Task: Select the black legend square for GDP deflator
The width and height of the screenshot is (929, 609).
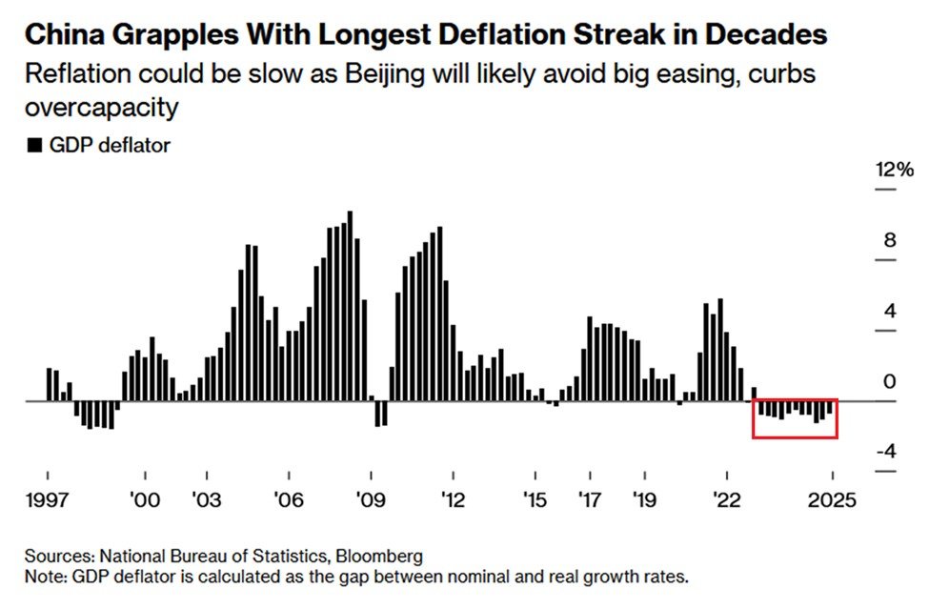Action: pyautogui.click(x=34, y=146)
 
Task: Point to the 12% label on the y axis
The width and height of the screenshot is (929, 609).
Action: pyautogui.click(x=895, y=171)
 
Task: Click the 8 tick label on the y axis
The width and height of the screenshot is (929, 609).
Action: pyautogui.click(x=890, y=240)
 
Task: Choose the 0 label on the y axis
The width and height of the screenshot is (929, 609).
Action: pyautogui.click(x=890, y=381)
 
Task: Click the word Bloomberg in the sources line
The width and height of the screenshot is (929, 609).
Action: pyautogui.click(x=380, y=556)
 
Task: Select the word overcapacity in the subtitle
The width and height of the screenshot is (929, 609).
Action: pyautogui.click(x=102, y=107)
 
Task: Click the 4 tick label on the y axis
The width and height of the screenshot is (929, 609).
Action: pyautogui.click(x=890, y=311)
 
